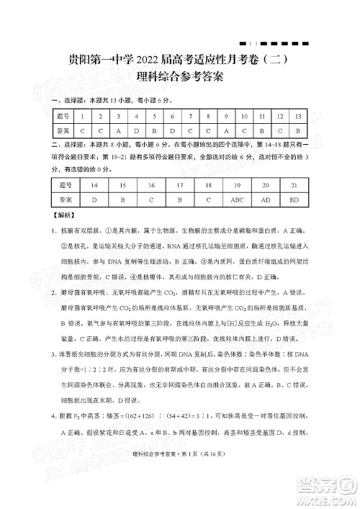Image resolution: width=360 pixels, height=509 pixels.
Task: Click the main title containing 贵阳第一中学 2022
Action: coord(179,61)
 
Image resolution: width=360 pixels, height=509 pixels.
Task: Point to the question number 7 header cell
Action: coord(189,115)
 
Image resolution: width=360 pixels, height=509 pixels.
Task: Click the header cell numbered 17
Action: coord(179,185)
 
